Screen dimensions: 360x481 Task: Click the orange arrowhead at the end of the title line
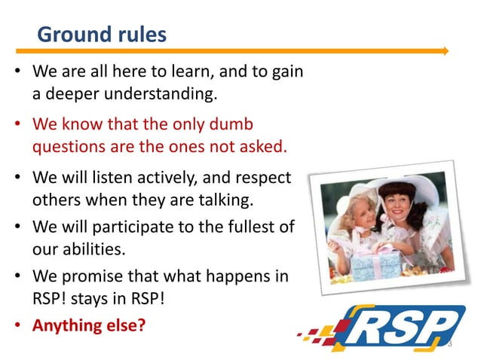pos(445,51)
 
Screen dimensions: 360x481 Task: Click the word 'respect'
pos(265,180)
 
